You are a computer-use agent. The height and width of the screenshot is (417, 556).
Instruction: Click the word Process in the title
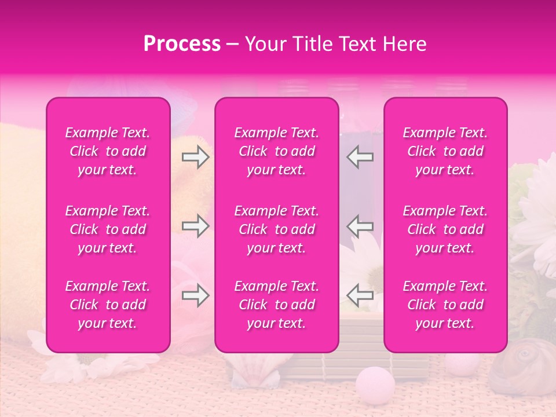click(182, 44)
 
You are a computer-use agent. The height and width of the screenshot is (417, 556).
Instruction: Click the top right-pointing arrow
click(195, 157)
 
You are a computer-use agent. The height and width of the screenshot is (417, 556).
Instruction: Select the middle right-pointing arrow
click(195, 226)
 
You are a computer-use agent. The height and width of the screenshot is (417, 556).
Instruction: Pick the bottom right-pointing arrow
click(195, 296)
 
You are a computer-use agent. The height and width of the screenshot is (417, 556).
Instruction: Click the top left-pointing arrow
click(360, 157)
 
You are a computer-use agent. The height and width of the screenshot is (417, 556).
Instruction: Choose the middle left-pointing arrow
click(360, 226)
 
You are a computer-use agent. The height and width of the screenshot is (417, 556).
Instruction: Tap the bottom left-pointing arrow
click(360, 296)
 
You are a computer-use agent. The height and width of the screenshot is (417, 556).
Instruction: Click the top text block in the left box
click(108, 151)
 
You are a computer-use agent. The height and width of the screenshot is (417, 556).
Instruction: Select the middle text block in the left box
click(108, 229)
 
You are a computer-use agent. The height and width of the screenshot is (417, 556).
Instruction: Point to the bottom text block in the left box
click(108, 305)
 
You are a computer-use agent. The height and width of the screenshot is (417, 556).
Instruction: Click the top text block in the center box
click(276, 151)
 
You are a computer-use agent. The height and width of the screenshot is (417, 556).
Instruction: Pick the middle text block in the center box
click(276, 229)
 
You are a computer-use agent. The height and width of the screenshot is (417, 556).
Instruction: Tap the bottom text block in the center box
click(276, 305)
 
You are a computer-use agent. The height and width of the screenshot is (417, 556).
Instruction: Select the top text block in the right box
click(445, 151)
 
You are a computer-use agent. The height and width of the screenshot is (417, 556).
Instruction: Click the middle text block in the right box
click(445, 229)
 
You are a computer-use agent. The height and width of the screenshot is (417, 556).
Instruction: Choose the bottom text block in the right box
click(445, 305)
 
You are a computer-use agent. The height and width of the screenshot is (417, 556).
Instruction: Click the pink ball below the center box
click(375, 382)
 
